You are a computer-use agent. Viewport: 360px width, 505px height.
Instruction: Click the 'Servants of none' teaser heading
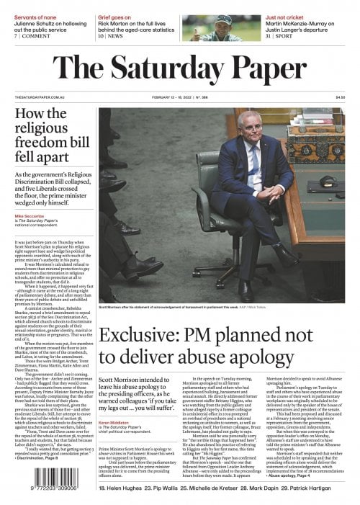pos(35,6)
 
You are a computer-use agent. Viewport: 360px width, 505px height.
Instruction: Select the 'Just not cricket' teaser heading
pos(288,6)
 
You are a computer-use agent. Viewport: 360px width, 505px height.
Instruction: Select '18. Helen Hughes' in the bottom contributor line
pos(121,488)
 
